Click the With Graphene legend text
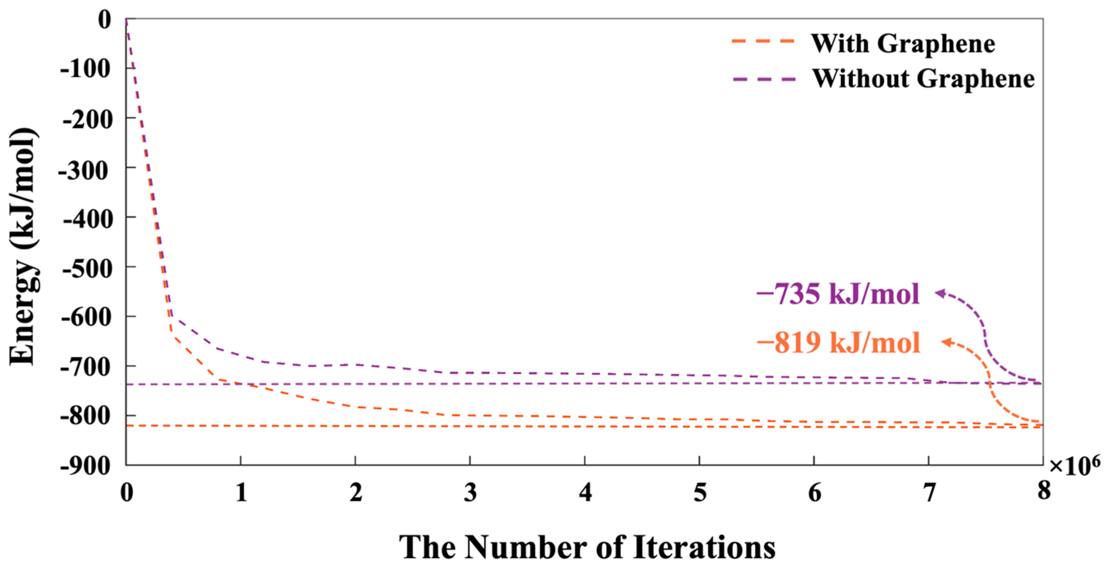click(x=903, y=44)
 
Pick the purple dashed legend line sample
click(x=764, y=79)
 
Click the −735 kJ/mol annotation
click(x=838, y=295)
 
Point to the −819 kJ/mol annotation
click(x=838, y=343)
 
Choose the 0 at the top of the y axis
click(x=105, y=20)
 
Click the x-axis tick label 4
click(x=585, y=492)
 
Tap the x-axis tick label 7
click(x=929, y=492)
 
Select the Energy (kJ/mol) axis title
click(x=24, y=246)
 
